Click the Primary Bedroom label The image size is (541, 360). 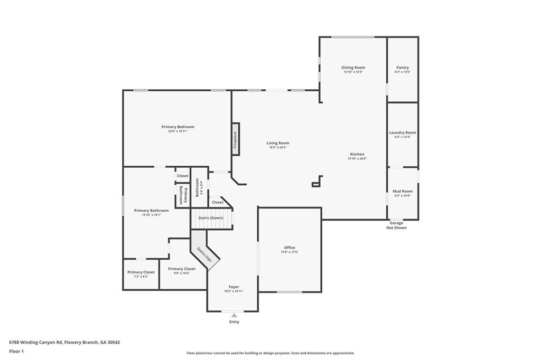(178, 127)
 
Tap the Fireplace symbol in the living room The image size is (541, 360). (236, 139)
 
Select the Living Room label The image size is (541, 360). (277, 143)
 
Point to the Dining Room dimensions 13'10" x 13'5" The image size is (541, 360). (353, 72)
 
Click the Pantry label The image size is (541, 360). (403, 68)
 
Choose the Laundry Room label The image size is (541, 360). (403, 132)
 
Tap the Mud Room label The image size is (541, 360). (403, 191)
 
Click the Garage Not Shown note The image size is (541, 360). (396, 225)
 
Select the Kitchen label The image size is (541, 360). (357, 154)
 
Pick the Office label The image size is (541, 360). (290, 248)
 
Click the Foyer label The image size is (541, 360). (234, 287)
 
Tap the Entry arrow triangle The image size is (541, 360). (234, 315)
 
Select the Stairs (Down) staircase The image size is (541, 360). (211, 218)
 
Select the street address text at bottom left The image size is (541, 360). (64, 342)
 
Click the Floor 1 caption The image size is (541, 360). (16, 351)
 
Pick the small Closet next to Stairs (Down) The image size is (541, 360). (217, 202)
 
